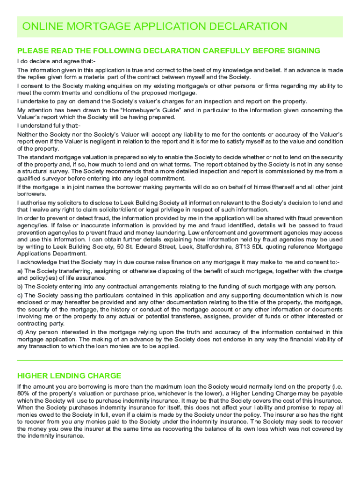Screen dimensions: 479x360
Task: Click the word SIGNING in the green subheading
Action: click(304, 51)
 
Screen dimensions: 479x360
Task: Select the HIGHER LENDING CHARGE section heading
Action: click(69, 376)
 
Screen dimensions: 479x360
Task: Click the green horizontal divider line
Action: click(180, 360)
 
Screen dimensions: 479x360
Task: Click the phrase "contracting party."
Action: click(40, 323)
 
